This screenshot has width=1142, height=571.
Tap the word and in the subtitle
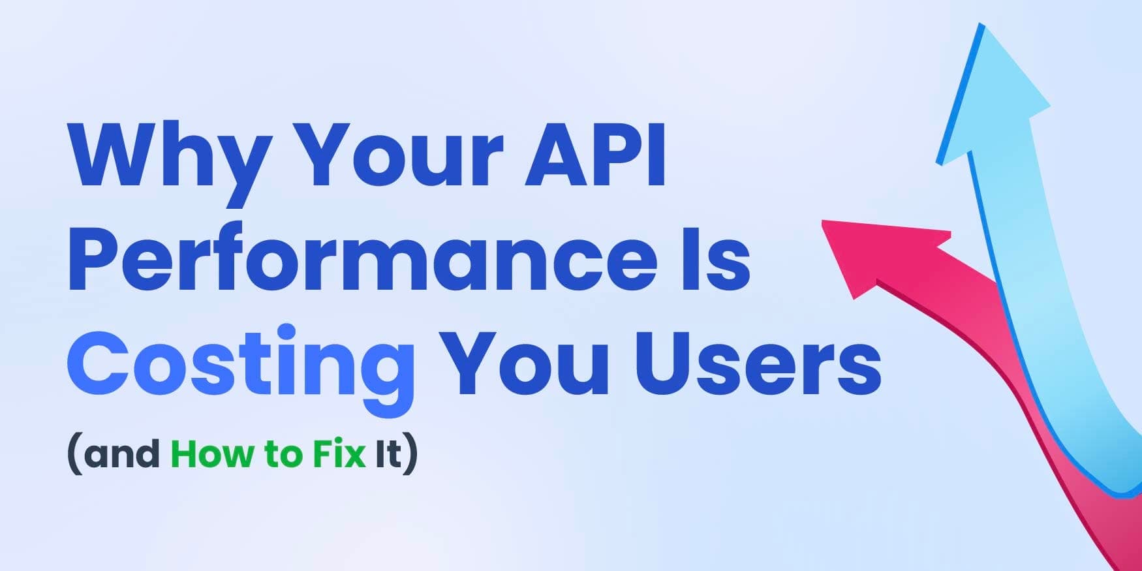(122, 454)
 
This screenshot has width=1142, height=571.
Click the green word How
(213, 454)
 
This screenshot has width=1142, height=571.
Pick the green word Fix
(339, 454)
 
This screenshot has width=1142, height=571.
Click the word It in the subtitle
(388, 454)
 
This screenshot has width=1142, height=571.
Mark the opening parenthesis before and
(74, 455)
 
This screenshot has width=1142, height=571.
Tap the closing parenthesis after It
(410, 455)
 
